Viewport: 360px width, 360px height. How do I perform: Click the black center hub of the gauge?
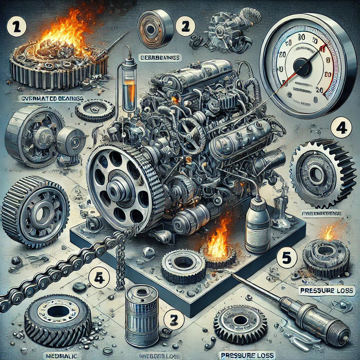(300, 65)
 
